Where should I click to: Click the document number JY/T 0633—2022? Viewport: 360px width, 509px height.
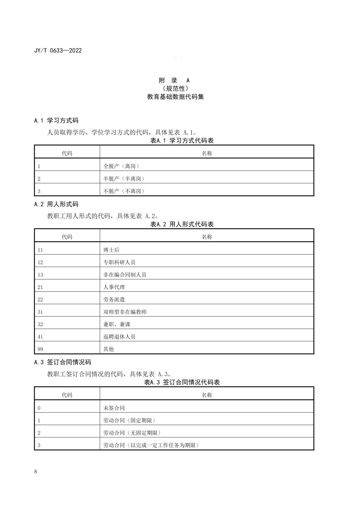pos(58,50)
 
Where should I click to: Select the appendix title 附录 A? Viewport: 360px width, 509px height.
pos(175,80)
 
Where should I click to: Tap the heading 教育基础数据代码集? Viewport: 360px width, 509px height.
pos(175,97)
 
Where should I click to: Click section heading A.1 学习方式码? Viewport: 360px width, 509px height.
pos(56,121)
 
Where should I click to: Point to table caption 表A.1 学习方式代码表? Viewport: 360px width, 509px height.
pos(182,141)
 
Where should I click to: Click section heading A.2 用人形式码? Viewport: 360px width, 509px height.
pos(56,204)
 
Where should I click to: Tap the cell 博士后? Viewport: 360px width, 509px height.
pos(111,250)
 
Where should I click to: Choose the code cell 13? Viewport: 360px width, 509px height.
pos(40,275)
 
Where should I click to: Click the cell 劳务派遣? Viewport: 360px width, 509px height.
pos(114,300)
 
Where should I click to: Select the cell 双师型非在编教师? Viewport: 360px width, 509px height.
pos(125,312)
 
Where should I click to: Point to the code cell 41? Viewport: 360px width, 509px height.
pos(40,337)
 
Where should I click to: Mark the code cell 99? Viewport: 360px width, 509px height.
pos(40,349)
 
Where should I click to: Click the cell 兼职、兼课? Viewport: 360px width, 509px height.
pos(117,324)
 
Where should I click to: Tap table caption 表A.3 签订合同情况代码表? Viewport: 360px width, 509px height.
pos(182,382)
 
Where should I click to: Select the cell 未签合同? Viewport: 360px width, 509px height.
pos(114,408)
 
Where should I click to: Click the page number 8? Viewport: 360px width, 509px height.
pos(36,472)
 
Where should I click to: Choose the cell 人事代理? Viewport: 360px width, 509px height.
pos(114,287)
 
